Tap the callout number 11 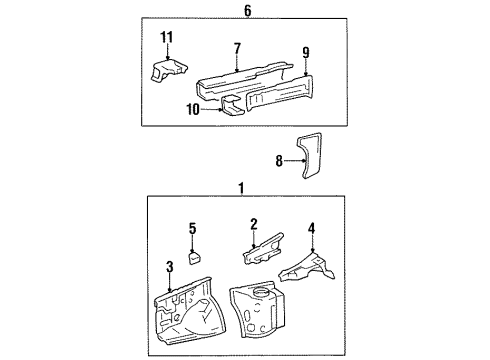pos(167,37)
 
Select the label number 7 pos(237,48)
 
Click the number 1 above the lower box pos(239,188)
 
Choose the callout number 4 pos(311,228)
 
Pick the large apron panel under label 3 pos(186,316)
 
